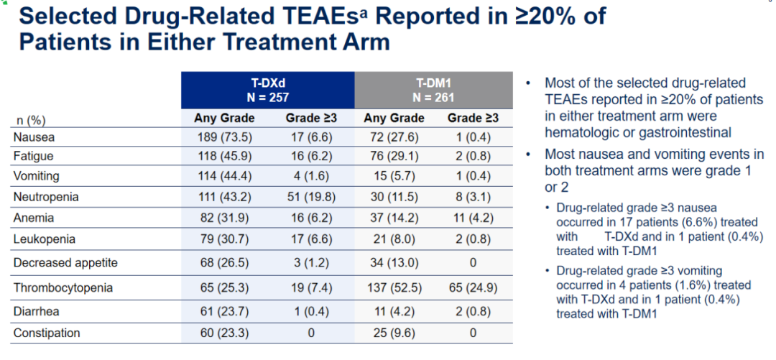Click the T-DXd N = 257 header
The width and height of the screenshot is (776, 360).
pyautogui.click(x=267, y=89)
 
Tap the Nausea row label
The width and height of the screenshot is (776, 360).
pyautogui.click(x=34, y=137)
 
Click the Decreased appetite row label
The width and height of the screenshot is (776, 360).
pyautogui.click(x=65, y=263)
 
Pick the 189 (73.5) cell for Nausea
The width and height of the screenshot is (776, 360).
pyautogui.click(x=223, y=137)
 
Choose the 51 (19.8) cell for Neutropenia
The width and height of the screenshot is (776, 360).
pyautogui.click(x=311, y=196)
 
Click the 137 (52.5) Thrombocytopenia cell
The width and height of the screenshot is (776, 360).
pyautogui.click(x=394, y=288)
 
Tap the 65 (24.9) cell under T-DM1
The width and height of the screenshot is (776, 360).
pyautogui.click(x=472, y=288)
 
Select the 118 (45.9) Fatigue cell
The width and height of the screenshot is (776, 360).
pyautogui.click(x=223, y=156)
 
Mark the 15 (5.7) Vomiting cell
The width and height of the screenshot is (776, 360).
pyautogui.click(x=394, y=176)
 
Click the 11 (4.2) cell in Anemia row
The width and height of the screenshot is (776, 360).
pyautogui.click(x=472, y=218)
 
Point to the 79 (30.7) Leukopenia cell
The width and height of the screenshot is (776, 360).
pyautogui.click(x=223, y=239)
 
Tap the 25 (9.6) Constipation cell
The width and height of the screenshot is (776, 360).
pyautogui.click(x=394, y=333)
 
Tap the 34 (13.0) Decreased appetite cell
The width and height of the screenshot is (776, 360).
pyautogui.click(x=394, y=263)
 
